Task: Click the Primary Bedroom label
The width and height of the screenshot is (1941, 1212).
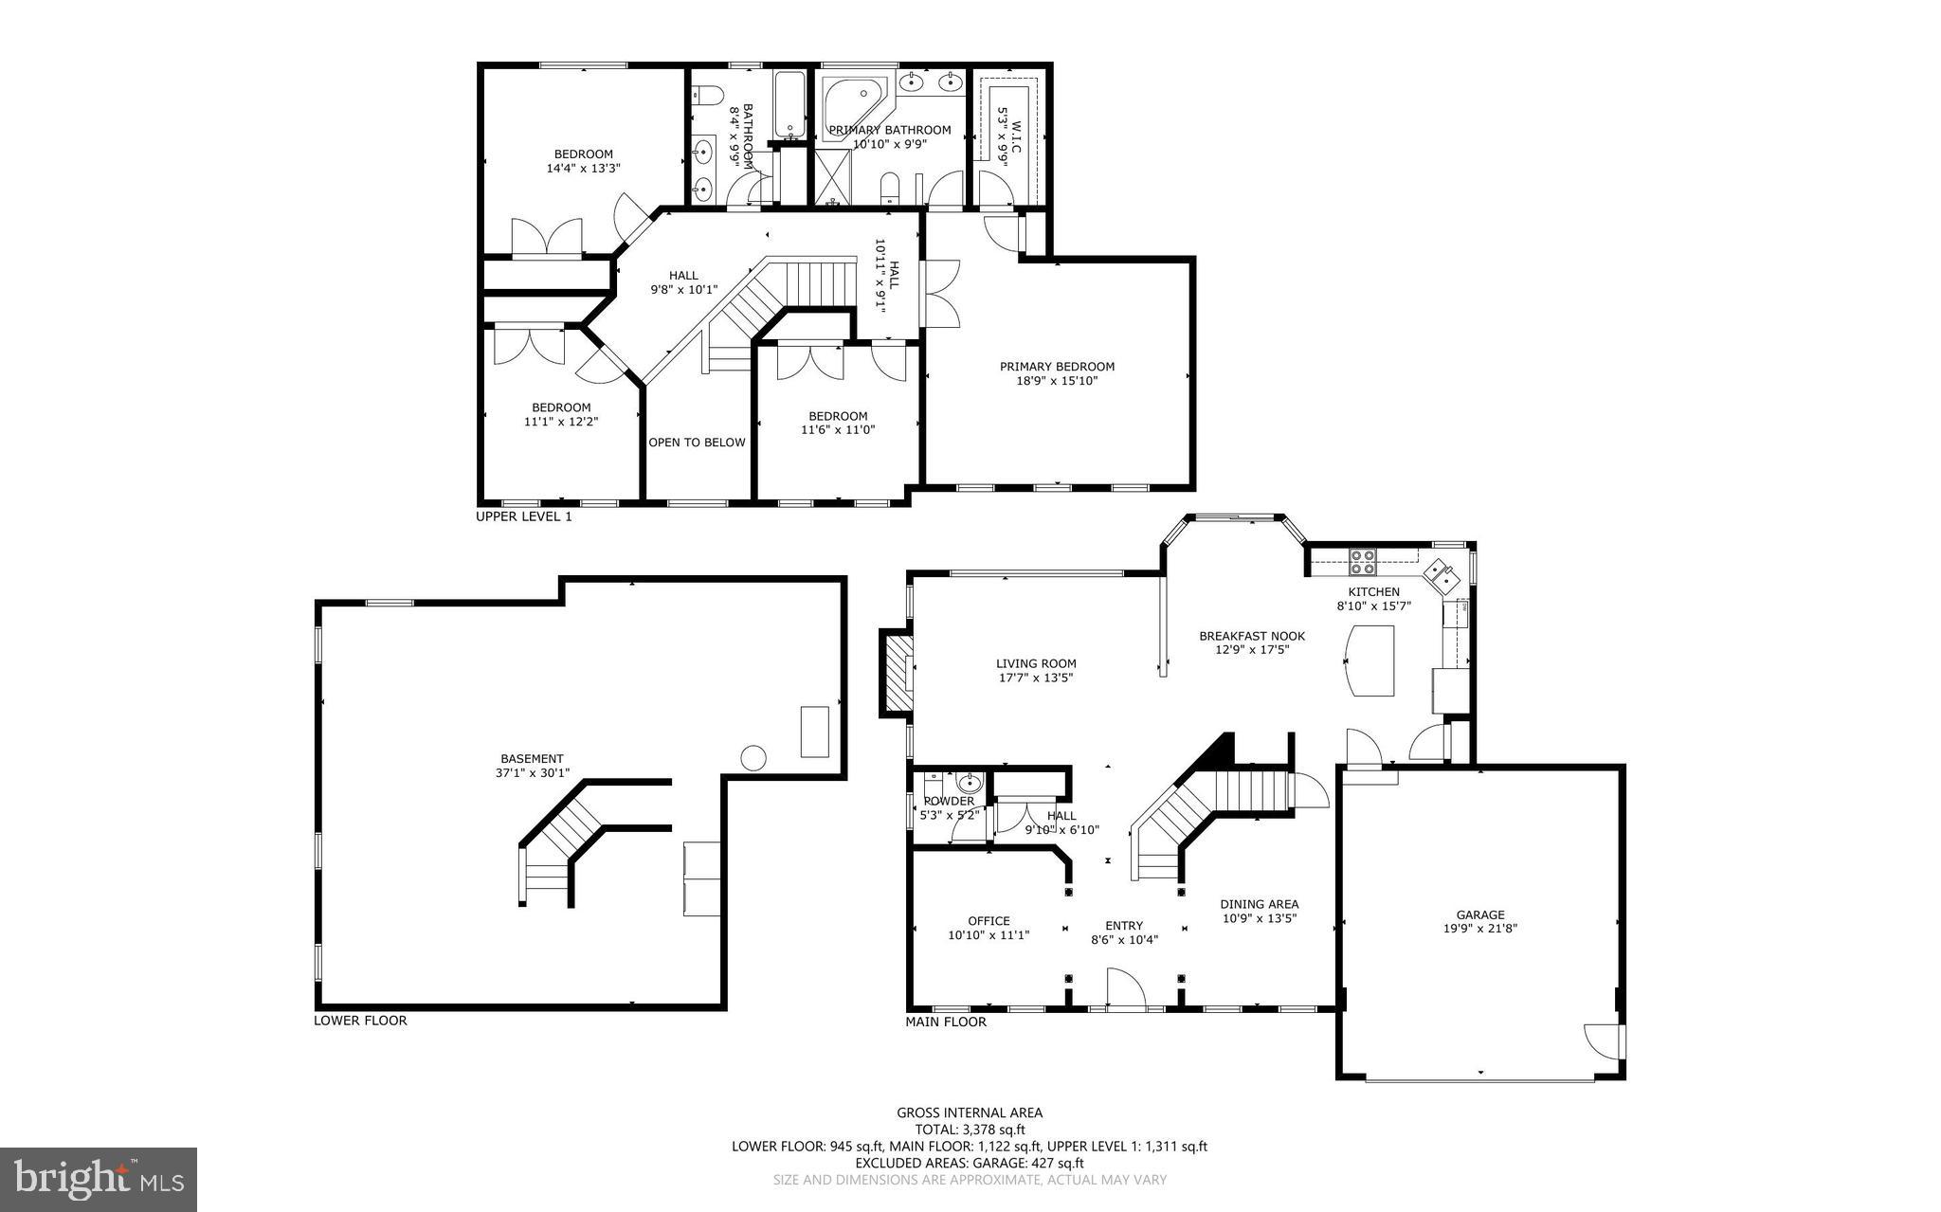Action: (x=1057, y=367)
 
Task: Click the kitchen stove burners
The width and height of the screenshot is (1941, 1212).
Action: (x=1363, y=562)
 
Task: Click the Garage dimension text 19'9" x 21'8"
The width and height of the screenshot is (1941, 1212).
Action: (x=1480, y=929)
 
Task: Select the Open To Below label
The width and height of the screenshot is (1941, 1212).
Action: (x=697, y=443)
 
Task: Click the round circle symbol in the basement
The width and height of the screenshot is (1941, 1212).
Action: (x=753, y=758)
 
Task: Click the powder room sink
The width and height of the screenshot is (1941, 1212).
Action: (x=969, y=783)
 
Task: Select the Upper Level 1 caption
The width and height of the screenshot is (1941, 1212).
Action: (x=523, y=517)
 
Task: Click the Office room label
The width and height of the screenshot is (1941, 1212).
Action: (x=989, y=920)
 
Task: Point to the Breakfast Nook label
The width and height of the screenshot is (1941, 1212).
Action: (x=1251, y=636)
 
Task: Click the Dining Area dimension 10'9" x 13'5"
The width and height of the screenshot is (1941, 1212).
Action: (x=1259, y=917)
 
